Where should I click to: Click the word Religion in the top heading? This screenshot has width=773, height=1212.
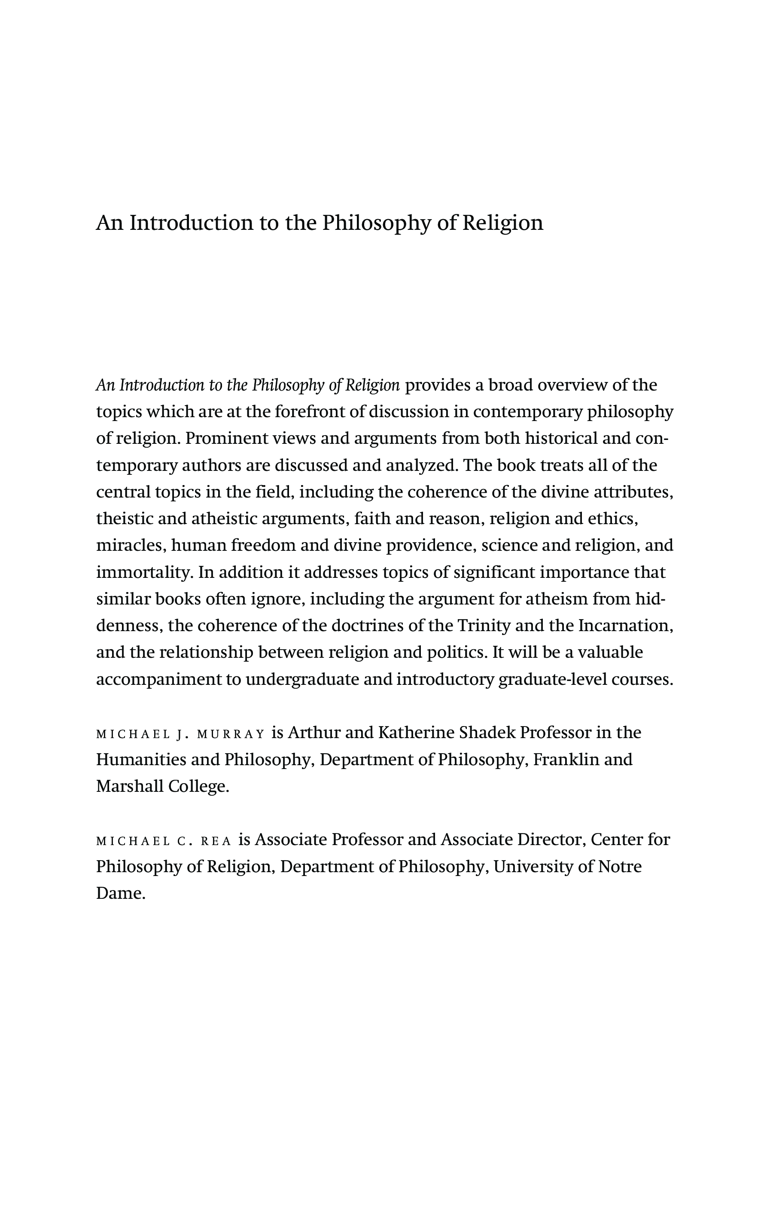502,223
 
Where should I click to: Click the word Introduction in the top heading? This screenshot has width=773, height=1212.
191,223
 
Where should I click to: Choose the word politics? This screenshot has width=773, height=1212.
457,652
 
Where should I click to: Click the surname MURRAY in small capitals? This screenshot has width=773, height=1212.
231,734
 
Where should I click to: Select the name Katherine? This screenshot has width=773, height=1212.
416,733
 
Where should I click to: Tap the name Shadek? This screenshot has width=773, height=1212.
487,733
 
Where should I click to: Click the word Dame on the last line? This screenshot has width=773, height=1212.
120,893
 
